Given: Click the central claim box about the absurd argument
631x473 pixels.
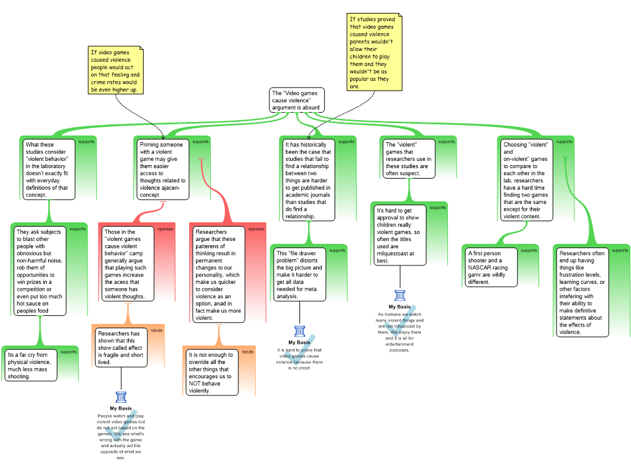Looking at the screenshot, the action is coord(296,100).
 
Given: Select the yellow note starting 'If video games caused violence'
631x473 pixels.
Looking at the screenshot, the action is coord(115,70).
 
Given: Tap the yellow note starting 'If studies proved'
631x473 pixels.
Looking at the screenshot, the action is coord(374,52).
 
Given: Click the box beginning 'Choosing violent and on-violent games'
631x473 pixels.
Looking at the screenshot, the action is coord(526,180).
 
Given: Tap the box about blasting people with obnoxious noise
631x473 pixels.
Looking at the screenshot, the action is coord(39,271).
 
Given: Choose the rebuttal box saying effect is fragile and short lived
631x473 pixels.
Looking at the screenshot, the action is coord(121,347).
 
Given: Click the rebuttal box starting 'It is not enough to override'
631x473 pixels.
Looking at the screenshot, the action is coord(212,373).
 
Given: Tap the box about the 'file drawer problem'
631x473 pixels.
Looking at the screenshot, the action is coord(299,275).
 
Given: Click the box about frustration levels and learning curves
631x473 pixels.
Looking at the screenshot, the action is coord(582,293).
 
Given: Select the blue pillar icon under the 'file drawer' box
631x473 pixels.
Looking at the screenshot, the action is coord(300,331).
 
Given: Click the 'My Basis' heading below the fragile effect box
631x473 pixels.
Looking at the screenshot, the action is coord(121,408).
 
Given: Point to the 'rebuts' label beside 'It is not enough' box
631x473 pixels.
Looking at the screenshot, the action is coord(248,352).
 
